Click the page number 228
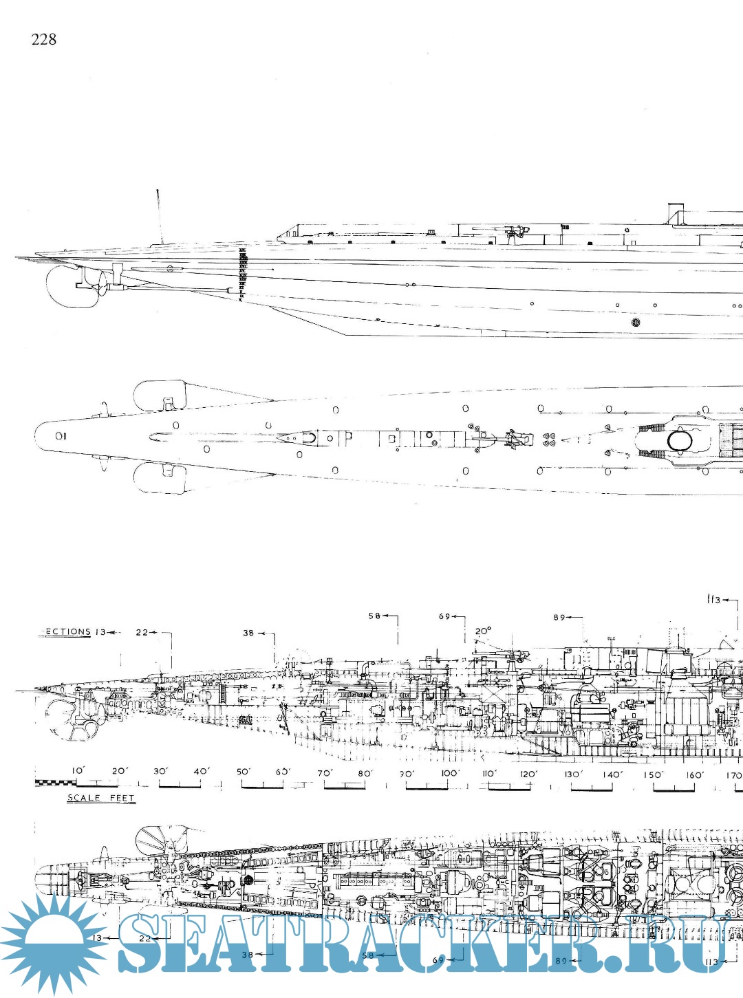click(43, 39)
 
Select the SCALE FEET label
click(100, 798)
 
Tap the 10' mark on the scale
click(78, 771)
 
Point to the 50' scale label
click(243, 772)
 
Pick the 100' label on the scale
click(449, 773)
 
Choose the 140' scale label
click(612, 774)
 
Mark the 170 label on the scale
click(733, 775)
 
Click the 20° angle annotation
click(483, 631)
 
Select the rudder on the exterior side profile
click(67, 288)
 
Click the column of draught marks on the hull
click(241, 276)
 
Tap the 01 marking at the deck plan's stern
click(61, 435)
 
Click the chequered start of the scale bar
click(55, 783)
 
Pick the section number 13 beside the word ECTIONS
click(100, 631)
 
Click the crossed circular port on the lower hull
click(635, 321)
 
